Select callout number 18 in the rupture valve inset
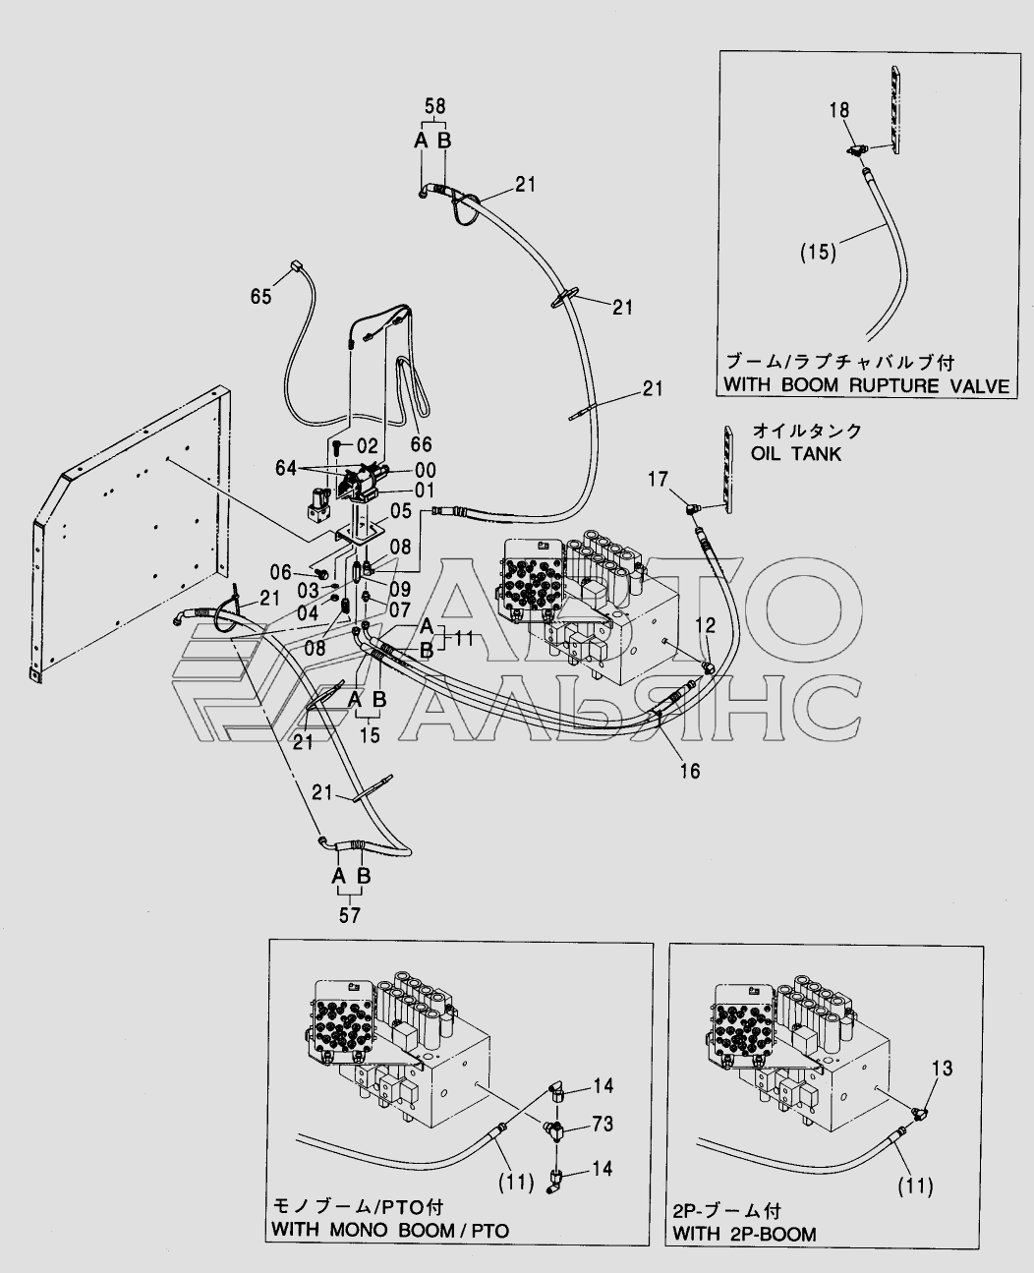pyautogui.click(x=838, y=111)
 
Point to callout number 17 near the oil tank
pyautogui.click(x=659, y=480)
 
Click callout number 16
pyautogui.click(x=690, y=770)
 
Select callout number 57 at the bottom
pyautogui.click(x=349, y=915)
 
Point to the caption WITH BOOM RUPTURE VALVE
pyautogui.click(x=866, y=384)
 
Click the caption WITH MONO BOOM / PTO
pyautogui.click(x=390, y=1230)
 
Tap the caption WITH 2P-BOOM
pyautogui.click(x=744, y=1234)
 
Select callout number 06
pyautogui.click(x=281, y=572)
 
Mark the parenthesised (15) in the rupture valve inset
pyautogui.click(x=817, y=252)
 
